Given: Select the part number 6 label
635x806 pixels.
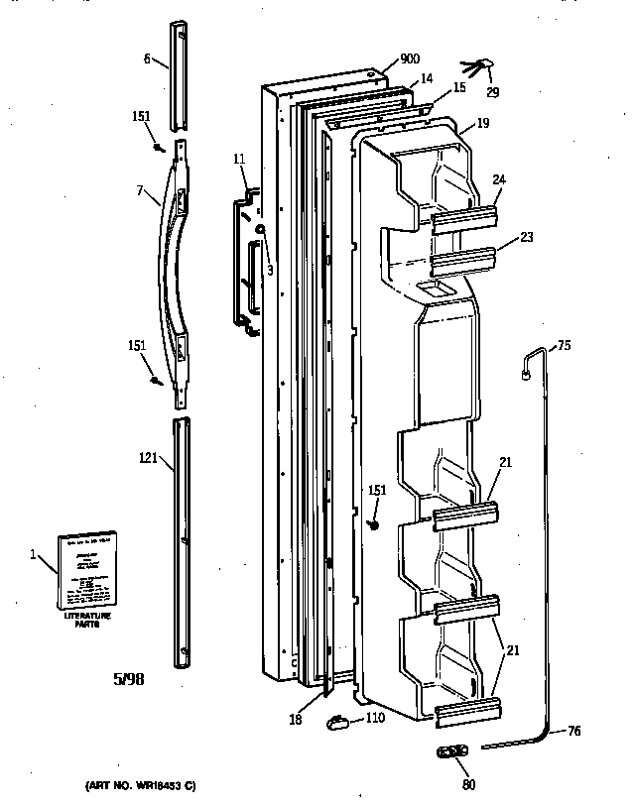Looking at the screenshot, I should (147, 59).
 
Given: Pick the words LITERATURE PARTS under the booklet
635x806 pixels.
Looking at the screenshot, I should (88, 621).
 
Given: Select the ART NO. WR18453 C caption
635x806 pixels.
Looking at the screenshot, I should (132, 786).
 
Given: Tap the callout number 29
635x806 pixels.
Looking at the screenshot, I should (493, 93).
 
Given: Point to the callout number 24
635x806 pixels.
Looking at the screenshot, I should (499, 179).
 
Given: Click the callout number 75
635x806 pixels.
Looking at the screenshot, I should (564, 345).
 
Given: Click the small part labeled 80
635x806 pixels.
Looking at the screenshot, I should (452, 751).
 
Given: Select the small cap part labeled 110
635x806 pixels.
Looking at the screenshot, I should (339, 724).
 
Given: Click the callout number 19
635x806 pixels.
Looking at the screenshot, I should (483, 125).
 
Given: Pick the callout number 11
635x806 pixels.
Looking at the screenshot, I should (239, 159).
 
